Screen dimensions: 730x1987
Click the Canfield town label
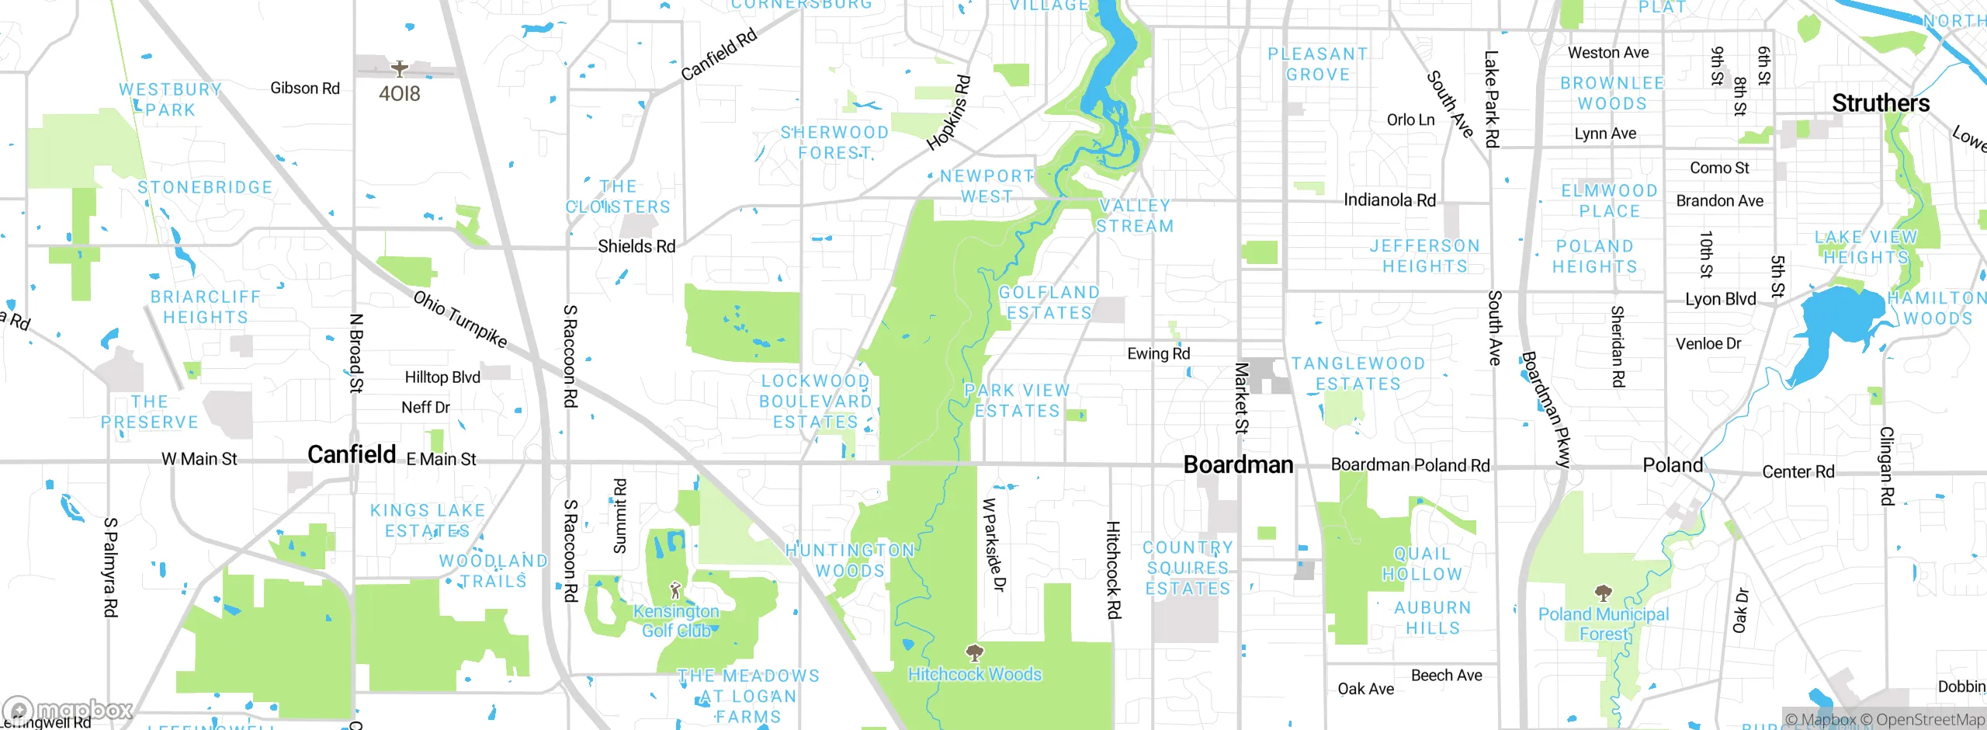pos(352,454)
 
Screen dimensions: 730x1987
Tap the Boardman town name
pos(1238,464)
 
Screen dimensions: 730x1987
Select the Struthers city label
pos(1880,103)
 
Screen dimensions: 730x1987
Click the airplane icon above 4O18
pos(400,69)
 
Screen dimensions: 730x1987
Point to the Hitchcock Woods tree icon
pos(974,652)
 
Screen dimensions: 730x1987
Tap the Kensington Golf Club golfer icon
pos(675,590)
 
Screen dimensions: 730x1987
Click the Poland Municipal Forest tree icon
pos(1604,594)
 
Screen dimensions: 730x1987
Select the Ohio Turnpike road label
pos(459,319)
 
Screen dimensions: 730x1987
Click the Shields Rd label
pos(636,246)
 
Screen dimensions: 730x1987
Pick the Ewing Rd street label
pos(1158,354)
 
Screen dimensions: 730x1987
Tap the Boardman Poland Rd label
pos(1410,465)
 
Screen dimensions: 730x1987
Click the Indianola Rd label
pos(1389,200)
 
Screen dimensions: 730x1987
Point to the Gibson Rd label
pos(305,89)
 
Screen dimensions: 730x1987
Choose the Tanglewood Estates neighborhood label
pos(1358,374)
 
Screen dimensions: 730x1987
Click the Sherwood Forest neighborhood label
pos(834,143)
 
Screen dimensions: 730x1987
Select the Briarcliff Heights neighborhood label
pos(206,307)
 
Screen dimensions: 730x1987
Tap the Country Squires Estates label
pos(1188,568)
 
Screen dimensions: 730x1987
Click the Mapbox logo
pos(68,710)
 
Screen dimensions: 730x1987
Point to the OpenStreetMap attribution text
pos(1923,720)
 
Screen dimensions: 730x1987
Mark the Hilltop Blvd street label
pos(442,377)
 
